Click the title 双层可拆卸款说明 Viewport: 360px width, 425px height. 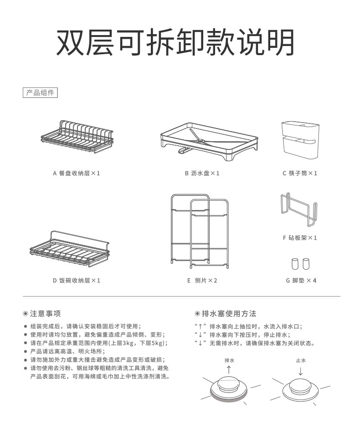175,43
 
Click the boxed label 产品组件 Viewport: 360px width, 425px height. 40,93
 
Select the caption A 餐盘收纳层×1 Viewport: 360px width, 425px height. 77,174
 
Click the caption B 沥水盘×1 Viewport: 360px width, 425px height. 202,174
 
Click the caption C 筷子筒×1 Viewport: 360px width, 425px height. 299,174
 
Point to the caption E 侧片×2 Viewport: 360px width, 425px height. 202,281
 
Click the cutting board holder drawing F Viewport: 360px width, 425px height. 299,210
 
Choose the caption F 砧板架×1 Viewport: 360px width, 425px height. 299,238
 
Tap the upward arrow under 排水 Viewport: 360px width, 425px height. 229,369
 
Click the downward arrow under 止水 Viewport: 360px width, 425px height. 300,370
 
